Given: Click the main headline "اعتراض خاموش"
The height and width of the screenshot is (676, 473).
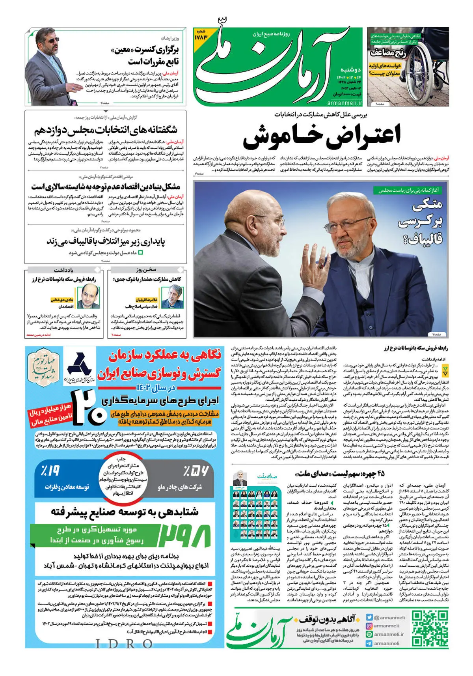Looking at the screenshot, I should click(321, 135).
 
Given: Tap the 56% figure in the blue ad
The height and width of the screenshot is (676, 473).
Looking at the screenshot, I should click(196, 471).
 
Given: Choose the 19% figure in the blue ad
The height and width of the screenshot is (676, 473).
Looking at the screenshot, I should click(50, 471).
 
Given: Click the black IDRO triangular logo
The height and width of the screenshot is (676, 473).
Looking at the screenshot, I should click(79, 364).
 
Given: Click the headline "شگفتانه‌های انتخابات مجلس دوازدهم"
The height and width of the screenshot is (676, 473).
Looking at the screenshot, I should click(105, 129).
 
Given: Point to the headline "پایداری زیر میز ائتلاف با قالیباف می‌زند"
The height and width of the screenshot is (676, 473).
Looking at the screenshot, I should click(106, 241).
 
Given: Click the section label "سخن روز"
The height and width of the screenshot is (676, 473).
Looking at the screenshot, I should click(146, 270).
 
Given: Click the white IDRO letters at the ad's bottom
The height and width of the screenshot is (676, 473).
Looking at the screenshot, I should click(124, 644).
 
